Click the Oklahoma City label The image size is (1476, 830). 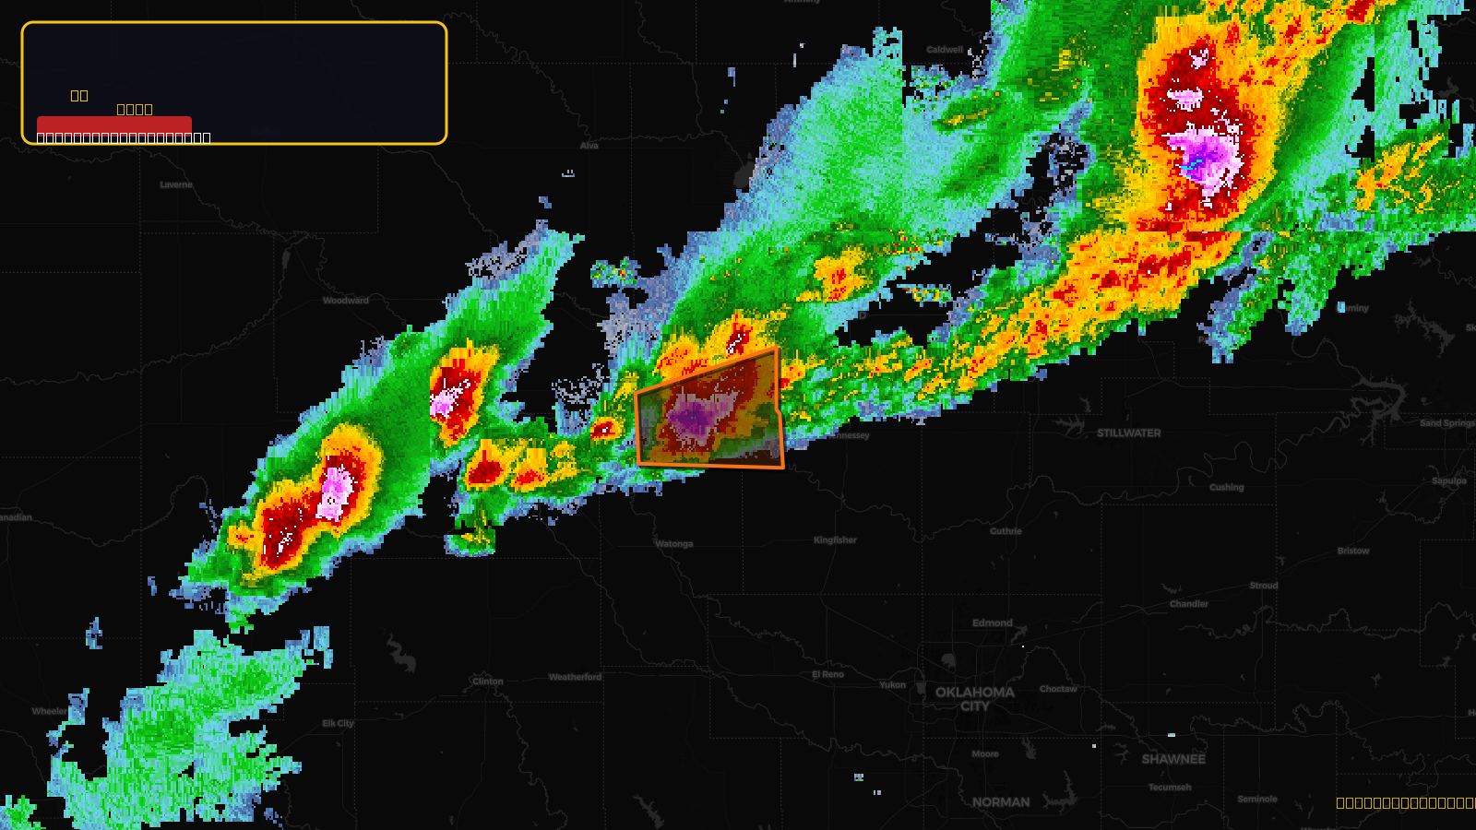[974, 699]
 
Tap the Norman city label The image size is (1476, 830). [1000, 802]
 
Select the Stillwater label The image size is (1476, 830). [1128, 433]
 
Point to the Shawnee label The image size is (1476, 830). [1173, 759]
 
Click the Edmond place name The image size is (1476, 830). [992, 622]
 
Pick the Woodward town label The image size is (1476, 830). [345, 301]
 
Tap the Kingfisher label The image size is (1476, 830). [835, 540]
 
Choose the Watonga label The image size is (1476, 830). [673, 544]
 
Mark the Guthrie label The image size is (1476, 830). [1006, 531]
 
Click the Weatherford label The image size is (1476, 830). [575, 677]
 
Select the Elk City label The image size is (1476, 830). [338, 724]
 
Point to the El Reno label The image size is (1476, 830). [827, 674]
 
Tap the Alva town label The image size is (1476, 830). [589, 146]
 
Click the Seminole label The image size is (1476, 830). [1257, 800]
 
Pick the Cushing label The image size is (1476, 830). [1226, 487]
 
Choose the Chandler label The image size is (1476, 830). [1188, 604]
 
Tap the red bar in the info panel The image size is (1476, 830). [114, 125]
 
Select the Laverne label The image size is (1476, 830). [176, 184]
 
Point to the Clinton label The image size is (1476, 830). [487, 682]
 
